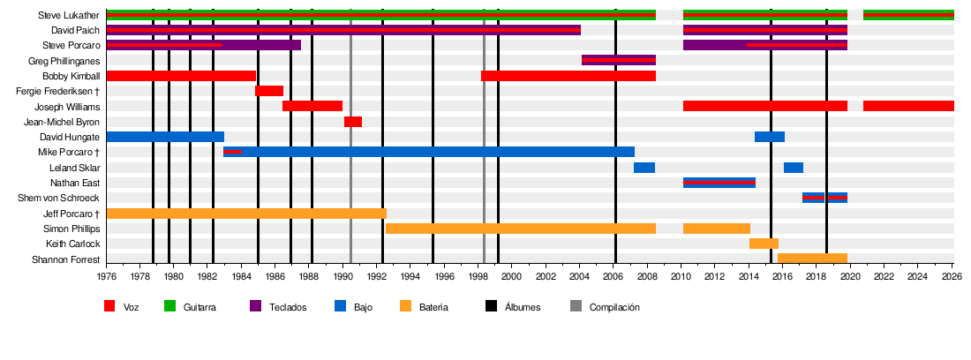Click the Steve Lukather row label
[x=69, y=15]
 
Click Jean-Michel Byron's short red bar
[x=353, y=122]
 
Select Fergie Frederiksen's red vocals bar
[x=269, y=91]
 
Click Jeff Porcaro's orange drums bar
[x=246, y=214]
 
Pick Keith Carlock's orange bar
[x=764, y=244]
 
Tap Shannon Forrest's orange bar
[x=812, y=259]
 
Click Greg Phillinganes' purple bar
[x=618, y=60]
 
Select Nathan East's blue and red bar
[x=719, y=183]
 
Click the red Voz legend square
[x=109, y=306]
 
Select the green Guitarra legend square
[x=169, y=306]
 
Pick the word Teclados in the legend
[x=290, y=307]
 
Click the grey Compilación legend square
[x=576, y=306]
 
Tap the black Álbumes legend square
[x=491, y=306]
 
